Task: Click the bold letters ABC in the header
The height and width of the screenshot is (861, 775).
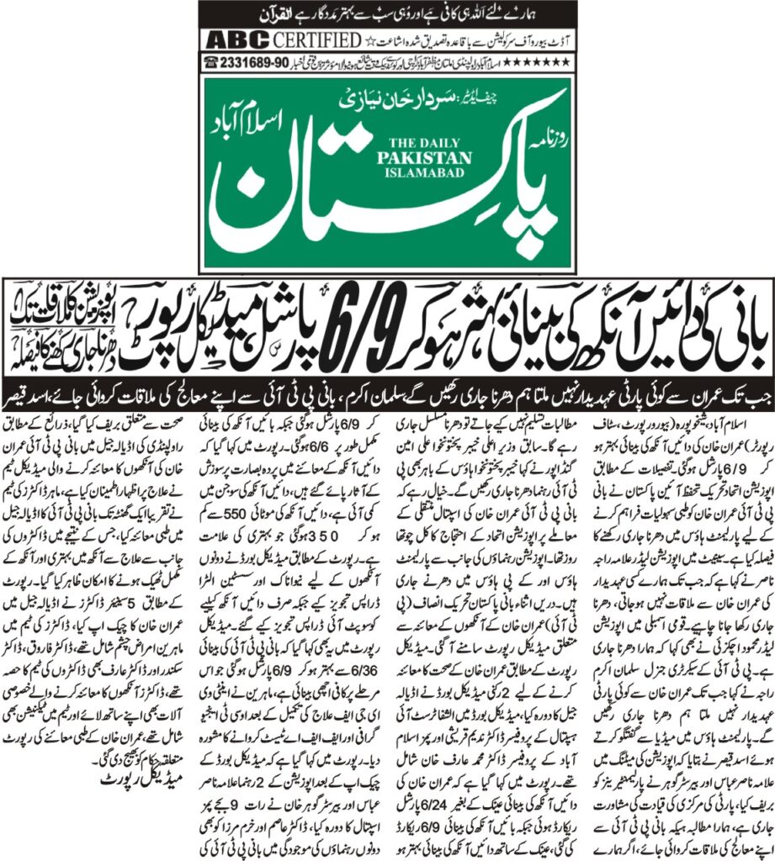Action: [x=233, y=40]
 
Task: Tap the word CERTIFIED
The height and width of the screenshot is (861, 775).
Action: [x=300, y=40]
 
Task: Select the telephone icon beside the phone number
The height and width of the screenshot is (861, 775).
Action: [x=209, y=62]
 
